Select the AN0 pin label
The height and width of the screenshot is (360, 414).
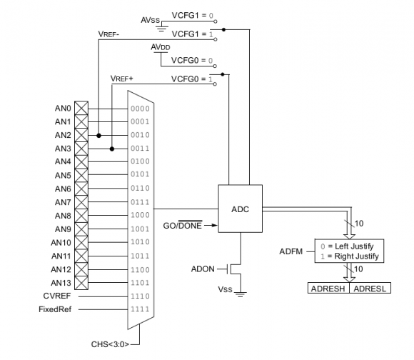[x=63, y=109]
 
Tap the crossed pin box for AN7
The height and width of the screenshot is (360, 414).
[x=81, y=202]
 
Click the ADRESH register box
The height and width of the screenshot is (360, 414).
[x=327, y=289]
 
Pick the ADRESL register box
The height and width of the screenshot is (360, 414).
[x=370, y=289]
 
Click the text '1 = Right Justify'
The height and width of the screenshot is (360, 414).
[x=351, y=255]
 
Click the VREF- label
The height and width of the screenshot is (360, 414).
[x=110, y=33]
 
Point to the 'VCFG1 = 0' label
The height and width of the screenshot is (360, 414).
[x=192, y=14]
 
